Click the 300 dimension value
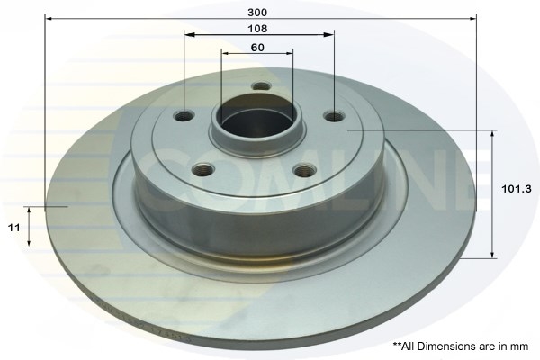coord(257,13)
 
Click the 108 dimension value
coord(257,29)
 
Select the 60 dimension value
coord(257,47)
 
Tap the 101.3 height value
coord(517,189)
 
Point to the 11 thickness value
coord(14,228)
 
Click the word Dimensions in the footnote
coord(447,346)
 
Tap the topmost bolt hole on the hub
coord(261,85)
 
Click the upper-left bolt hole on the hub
coord(184,116)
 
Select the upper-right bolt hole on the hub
coord(335,116)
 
